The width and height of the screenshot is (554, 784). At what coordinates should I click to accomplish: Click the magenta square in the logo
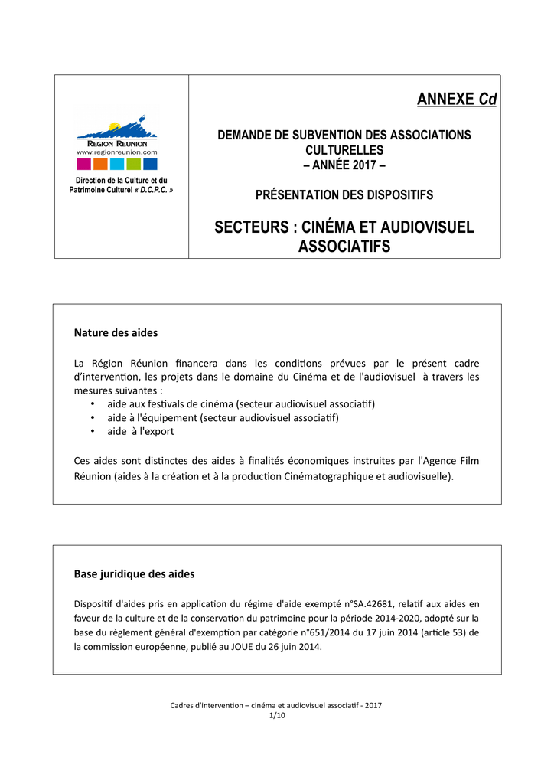[x=83, y=163]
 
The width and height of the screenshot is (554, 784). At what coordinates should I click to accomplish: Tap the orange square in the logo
[x=100, y=163]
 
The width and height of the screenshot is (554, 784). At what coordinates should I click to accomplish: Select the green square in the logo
[x=133, y=163]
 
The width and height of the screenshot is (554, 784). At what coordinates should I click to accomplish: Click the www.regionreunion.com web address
[x=116, y=152]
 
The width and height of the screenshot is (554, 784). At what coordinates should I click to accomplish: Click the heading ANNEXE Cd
[x=456, y=100]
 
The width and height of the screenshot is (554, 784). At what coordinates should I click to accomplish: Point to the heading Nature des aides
[x=116, y=333]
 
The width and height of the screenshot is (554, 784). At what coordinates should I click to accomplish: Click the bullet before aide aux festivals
[x=92, y=403]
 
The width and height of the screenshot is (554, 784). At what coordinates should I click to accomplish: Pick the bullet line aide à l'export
[x=140, y=431]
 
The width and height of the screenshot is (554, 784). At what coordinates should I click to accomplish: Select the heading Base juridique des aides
[x=134, y=573]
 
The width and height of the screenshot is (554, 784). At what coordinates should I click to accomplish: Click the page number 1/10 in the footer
[x=276, y=715]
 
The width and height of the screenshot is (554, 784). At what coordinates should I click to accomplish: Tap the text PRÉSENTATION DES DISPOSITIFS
[x=344, y=195]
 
